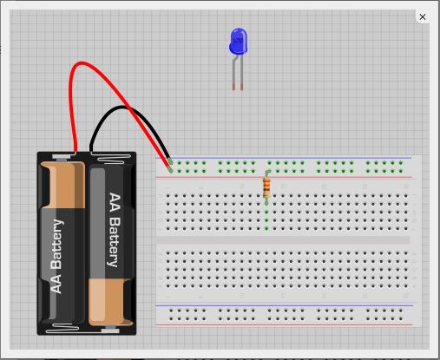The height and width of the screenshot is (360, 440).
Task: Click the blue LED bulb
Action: click(239, 41)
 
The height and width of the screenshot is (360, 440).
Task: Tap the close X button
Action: click(423, 17)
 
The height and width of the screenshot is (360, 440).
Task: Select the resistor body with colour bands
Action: click(266, 187)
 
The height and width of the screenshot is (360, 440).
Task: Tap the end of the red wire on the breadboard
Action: click(171, 171)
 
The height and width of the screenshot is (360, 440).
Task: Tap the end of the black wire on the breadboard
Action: click(170, 161)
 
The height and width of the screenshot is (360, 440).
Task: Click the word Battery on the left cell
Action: click(56, 244)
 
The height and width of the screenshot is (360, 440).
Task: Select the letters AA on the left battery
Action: click(56, 284)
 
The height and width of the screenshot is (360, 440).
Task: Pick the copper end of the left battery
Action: click(62, 185)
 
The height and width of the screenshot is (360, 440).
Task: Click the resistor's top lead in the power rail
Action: click(267, 173)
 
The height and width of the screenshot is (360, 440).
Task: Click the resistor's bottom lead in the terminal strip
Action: click(266, 202)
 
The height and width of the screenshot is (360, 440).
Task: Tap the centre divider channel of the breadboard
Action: click(283, 240)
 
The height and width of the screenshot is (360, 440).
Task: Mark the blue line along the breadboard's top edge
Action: click(283, 158)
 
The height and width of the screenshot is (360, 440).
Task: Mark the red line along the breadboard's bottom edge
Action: click(284, 325)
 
